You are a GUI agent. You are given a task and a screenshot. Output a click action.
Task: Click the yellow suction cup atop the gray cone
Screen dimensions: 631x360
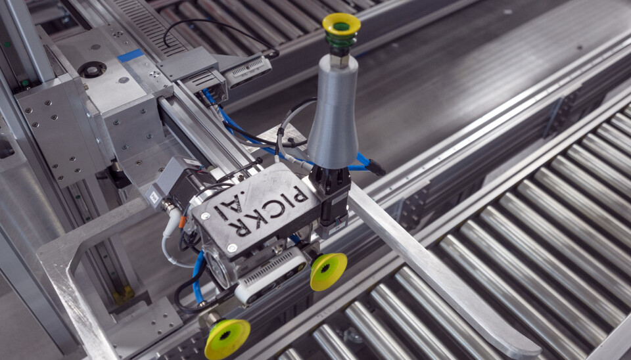pos(341,24)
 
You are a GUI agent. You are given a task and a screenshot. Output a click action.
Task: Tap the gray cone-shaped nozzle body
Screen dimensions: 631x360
pos(333,112)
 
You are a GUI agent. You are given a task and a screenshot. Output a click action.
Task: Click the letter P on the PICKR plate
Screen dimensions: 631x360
pos(298,196)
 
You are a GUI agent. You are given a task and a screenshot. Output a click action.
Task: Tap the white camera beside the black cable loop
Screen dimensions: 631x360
pos(247,71)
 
